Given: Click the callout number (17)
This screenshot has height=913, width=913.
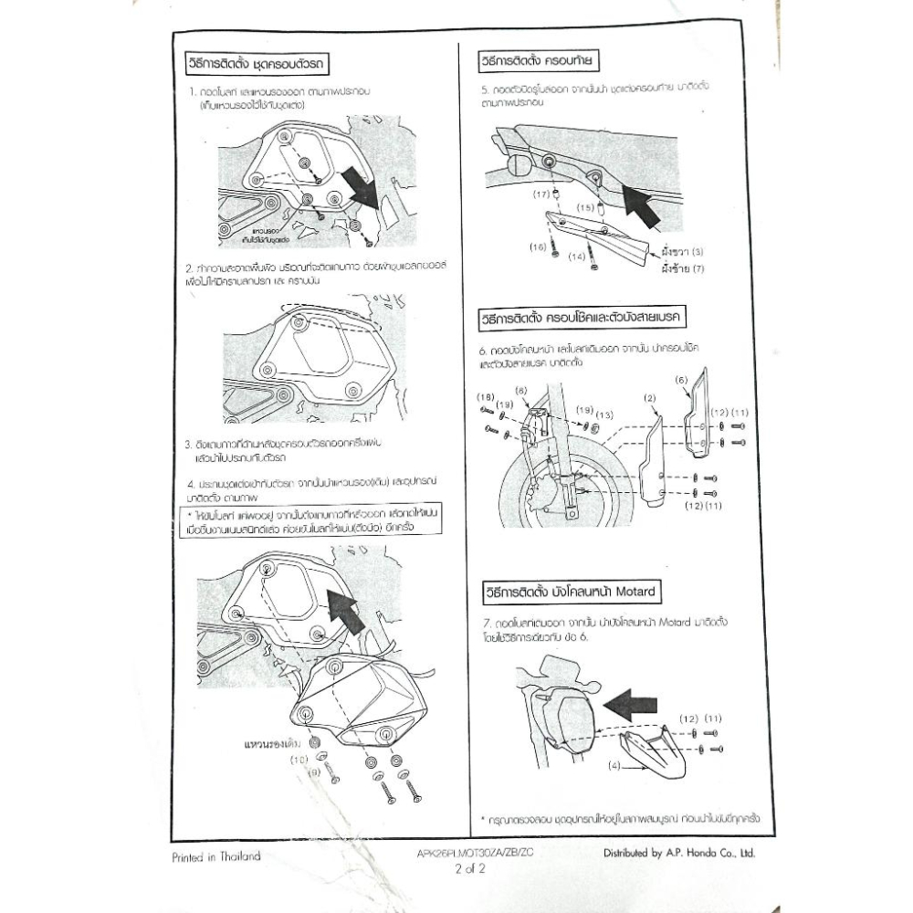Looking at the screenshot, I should click(x=540, y=194).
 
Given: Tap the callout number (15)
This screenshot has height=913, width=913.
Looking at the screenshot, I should click(x=586, y=207).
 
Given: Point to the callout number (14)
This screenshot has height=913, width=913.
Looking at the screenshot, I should click(x=577, y=257).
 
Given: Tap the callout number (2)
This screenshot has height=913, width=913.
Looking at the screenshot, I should click(x=650, y=399).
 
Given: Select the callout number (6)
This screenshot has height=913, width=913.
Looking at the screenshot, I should click(x=680, y=378).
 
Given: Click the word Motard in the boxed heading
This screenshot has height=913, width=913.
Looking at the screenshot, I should click(x=636, y=592).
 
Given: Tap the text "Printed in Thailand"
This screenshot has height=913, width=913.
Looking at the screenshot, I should click(x=216, y=856).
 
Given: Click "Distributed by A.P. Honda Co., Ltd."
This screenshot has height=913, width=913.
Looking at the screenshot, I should click(x=678, y=855).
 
